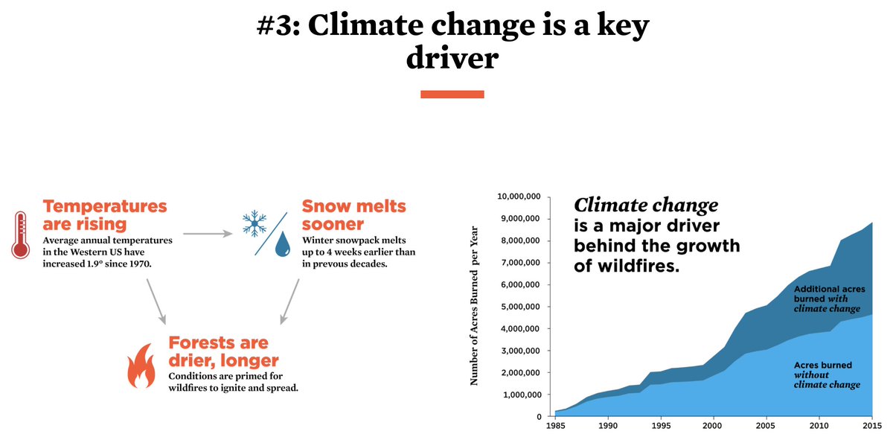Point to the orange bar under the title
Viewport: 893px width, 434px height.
pyautogui.click(x=452, y=95)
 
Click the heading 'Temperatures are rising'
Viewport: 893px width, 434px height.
pyautogui.click(x=105, y=214)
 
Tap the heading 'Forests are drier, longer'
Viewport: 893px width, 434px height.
pyautogui.click(x=218, y=352)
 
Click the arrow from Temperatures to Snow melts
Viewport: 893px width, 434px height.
pyautogui.click(x=208, y=234)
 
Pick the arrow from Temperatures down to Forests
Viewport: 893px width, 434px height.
pyautogui.click(x=156, y=301)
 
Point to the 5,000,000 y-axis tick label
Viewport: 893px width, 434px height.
pyautogui.click(x=519, y=307)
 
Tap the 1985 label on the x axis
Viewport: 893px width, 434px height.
pyautogui.click(x=554, y=427)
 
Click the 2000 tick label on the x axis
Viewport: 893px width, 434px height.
pyautogui.click(x=714, y=427)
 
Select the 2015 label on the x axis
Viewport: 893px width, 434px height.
pyautogui.click(x=872, y=427)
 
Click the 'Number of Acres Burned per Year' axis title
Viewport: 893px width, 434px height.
pyautogui.click(x=473, y=305)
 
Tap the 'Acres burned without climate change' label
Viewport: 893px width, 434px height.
pyautogui.click(x=826, y=375)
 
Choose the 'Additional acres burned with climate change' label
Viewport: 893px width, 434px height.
pyautogui.click(x=826, y=299)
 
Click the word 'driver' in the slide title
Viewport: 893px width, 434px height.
pyautogui.click(x=452, y=58)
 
